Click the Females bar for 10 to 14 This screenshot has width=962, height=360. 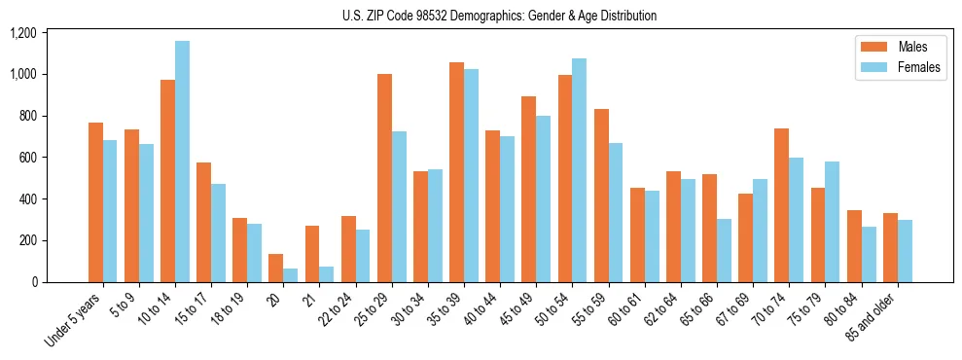182,162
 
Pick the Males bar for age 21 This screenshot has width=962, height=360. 312,254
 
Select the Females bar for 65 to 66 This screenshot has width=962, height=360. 724,250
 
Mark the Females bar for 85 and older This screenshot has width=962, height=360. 905,251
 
